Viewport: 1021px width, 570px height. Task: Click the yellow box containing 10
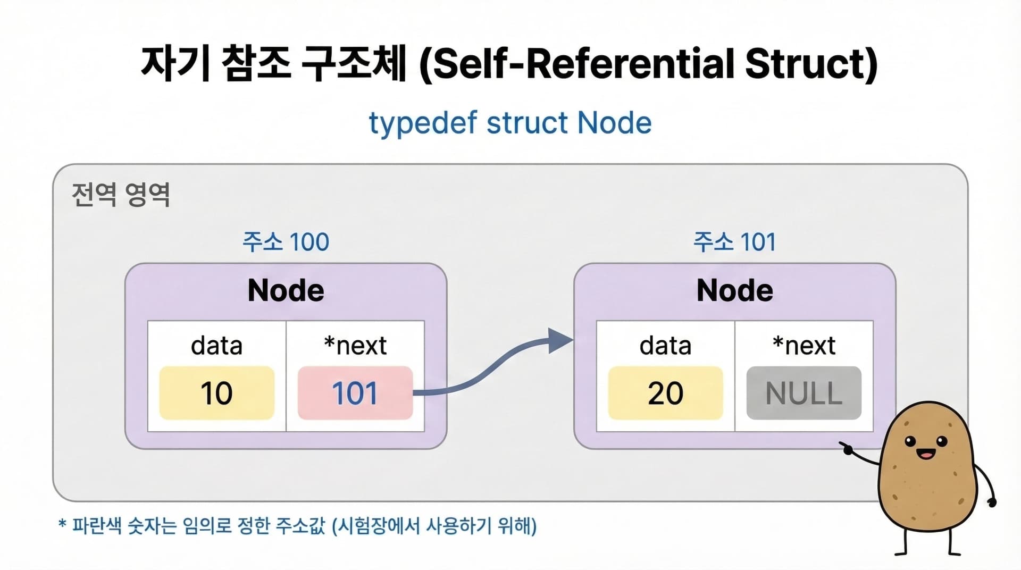click(x=217, y=393)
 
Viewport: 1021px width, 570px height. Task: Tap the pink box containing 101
click(x=355, y=393)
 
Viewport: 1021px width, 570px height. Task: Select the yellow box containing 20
click(x=665, y=393)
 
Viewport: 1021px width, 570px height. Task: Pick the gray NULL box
click(x=804, y=393)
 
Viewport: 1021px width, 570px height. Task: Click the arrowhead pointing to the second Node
click(x=560, y=341)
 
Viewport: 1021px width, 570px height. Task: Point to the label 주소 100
click(x=286, y=242)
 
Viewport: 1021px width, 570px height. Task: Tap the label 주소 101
click(x=734, y=242)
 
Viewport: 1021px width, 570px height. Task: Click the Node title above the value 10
click(x=286, y=290)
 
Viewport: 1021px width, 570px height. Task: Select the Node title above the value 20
click(x=734, y=290)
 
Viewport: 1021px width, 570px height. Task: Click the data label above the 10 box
click(x=217, y=346)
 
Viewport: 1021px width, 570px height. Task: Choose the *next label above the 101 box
click(x=355, y=346)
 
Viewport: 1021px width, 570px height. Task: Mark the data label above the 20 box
click(x=665, y=346)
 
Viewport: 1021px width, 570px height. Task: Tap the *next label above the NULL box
click(x=804, y=346)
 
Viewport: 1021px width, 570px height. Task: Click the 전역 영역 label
click(x=121, y=195)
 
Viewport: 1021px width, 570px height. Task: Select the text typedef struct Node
click(x=510, y=123)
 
